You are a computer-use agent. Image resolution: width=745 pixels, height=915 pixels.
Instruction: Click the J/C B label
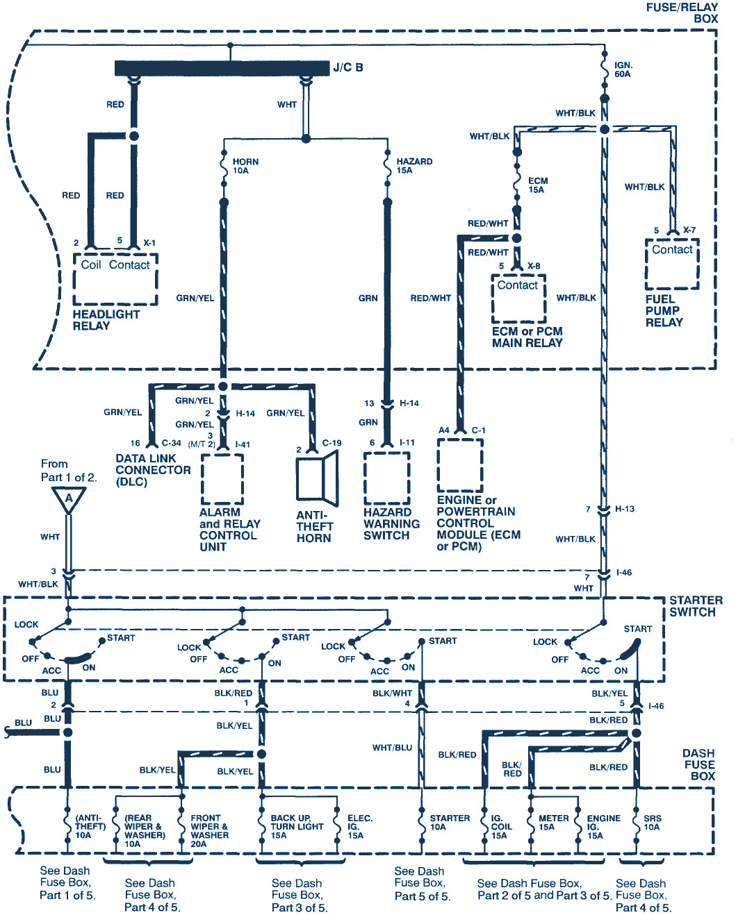[x=347, y=67]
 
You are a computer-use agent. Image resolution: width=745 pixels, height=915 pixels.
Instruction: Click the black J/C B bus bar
[x=222, y=68]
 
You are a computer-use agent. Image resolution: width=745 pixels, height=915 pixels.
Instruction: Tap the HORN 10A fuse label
[x=245, y=166]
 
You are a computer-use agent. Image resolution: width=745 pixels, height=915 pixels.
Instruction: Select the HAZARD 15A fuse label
[x=414, y=166]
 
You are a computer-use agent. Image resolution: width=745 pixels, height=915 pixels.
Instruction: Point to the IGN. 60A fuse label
[x=623, y=69]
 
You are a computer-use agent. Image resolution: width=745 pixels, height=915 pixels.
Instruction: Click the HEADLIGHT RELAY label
[x=106, y=320]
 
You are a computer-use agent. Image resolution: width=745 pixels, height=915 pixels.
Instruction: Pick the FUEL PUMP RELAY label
[x=664, y=311]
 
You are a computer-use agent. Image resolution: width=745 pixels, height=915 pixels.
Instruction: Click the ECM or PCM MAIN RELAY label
[x=527, y=337]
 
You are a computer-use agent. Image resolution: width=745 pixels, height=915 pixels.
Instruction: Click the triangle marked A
[x=69, y=499]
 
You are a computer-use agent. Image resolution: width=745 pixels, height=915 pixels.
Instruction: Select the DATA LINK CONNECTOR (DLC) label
[x=153, y=470]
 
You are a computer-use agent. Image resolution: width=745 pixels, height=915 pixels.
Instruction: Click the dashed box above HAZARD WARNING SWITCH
[x=387, y=479]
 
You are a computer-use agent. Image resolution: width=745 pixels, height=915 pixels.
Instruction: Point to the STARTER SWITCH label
[x=696, y=606]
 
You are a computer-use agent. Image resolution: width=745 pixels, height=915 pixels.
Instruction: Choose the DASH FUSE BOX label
[x=698, y=764]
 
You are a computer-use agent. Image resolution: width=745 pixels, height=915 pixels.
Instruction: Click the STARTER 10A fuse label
[x=450, y=823]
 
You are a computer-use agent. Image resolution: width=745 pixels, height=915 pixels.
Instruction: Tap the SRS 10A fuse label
[x=652, y=823]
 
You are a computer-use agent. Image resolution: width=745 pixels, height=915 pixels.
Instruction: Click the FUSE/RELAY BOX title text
[x=682, y=12]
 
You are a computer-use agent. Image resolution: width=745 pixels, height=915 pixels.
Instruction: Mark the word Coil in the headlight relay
[x=91, y=265]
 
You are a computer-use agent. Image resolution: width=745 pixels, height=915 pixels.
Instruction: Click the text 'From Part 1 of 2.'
[x=68, y=470]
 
